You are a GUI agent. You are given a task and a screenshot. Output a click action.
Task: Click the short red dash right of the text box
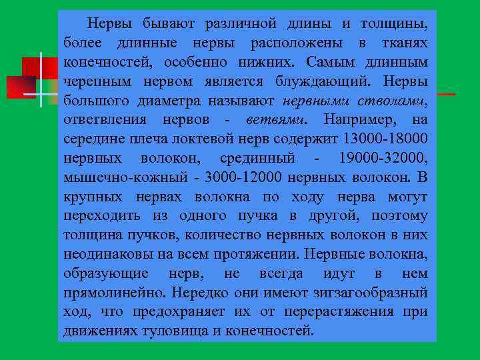(x=446, y=95)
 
